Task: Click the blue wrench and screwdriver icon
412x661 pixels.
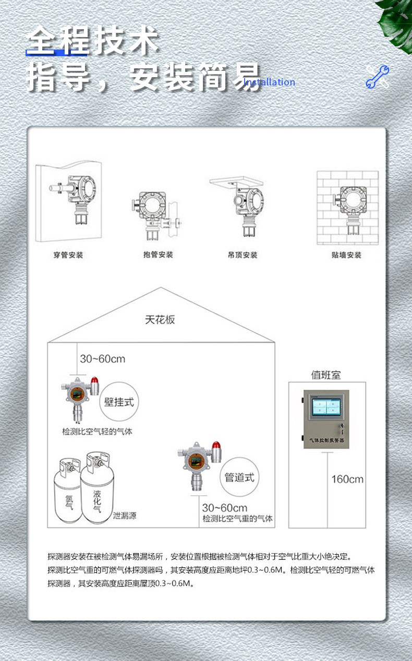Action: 377,77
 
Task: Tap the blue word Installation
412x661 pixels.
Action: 269,82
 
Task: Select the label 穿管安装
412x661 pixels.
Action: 68,255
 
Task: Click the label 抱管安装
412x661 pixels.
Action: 158,255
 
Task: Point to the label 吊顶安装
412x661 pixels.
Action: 243,255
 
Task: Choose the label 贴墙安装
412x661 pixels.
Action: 347,255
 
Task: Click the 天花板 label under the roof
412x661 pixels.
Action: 160,320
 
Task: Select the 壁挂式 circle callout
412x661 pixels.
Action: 119,402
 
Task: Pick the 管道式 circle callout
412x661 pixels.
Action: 239,477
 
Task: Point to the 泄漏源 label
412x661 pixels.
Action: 125,516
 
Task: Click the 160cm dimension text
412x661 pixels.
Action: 347,479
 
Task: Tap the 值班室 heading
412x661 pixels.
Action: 325,374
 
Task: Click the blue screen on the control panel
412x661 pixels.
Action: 325,406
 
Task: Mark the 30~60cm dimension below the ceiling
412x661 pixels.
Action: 102,359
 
